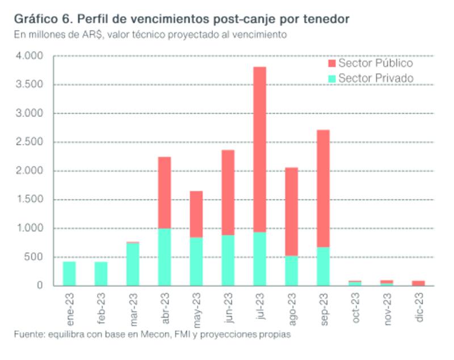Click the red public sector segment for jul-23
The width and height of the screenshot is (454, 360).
259,150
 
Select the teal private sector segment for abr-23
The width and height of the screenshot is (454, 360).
165,257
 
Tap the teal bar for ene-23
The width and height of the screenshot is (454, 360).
69,273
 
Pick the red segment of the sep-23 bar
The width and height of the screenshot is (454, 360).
323,188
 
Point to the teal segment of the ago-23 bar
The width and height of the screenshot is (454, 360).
291,270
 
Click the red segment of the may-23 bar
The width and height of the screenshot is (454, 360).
196,214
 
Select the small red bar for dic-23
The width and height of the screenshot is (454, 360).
418,283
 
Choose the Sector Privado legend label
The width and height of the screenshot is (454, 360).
375,78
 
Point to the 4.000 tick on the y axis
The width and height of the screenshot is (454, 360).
30,56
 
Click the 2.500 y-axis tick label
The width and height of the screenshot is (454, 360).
30,142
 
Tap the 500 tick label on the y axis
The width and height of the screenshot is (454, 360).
34,257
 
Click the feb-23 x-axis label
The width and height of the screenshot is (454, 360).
102,307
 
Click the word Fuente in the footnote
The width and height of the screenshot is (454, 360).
28,335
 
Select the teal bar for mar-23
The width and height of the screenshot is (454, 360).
133,264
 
